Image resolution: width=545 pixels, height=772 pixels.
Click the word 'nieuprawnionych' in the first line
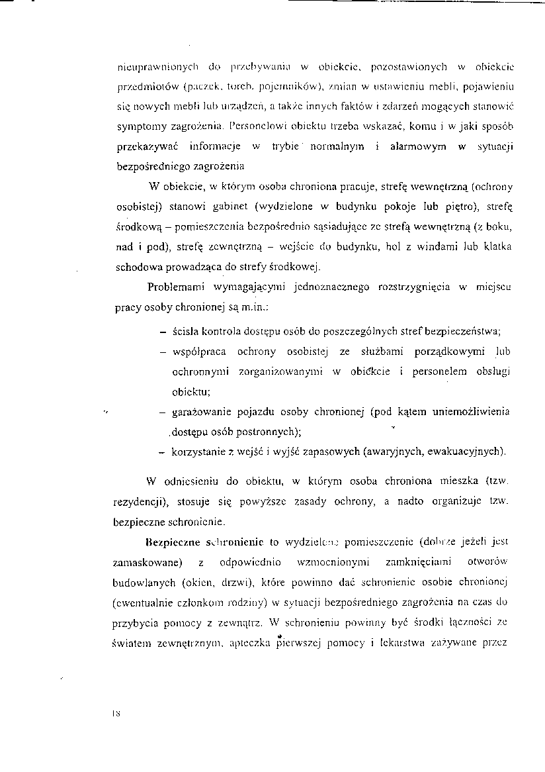coord(149,67)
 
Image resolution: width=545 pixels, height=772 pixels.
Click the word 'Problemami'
coord(175,287)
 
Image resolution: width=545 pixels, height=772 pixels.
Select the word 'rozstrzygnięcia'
coord(414,287)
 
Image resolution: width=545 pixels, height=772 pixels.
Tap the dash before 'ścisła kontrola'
coord(163,331)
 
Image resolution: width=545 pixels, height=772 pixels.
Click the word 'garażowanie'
coord(201,412)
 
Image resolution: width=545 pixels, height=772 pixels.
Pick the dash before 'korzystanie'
coord(163,453)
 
